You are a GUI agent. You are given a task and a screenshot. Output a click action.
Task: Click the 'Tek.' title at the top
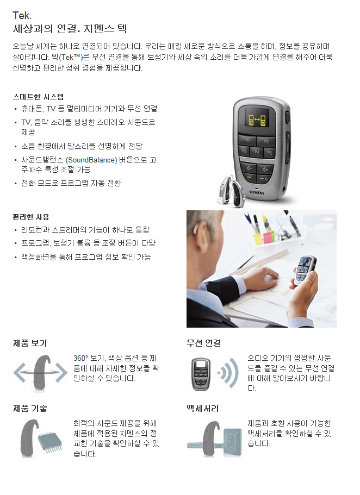coord(22,15)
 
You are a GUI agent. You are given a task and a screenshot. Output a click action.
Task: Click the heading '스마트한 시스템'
coord(38,97)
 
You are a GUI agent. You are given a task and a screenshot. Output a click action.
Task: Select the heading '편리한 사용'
coord(31,217)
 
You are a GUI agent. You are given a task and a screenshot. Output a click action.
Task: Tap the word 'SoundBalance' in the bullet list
coord(91,160)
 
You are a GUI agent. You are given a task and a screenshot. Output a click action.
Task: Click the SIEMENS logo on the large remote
coord(257,192)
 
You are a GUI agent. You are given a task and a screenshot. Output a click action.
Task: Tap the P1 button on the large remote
coord(247,140)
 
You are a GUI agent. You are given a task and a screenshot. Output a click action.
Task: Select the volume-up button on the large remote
coord(265,169)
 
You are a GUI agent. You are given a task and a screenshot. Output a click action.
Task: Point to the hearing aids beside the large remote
coord(231,192)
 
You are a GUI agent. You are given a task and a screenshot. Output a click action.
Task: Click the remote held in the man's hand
coord(304,270)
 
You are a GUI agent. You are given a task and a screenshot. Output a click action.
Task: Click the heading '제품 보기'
coord(30,343)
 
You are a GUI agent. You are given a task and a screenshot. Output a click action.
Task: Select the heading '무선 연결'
coord(203,343)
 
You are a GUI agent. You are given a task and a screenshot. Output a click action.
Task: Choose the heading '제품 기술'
coord(30,409)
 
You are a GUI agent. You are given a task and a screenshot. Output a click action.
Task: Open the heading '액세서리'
coord(203,409)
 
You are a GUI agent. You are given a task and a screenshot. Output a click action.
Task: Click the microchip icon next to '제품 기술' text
coord(50,441)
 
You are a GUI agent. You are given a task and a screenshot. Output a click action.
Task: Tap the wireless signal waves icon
coord(228,373)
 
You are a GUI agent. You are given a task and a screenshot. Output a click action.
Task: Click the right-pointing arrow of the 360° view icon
coord(61,373)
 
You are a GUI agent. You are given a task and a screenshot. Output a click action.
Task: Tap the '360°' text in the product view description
coord(80,358)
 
